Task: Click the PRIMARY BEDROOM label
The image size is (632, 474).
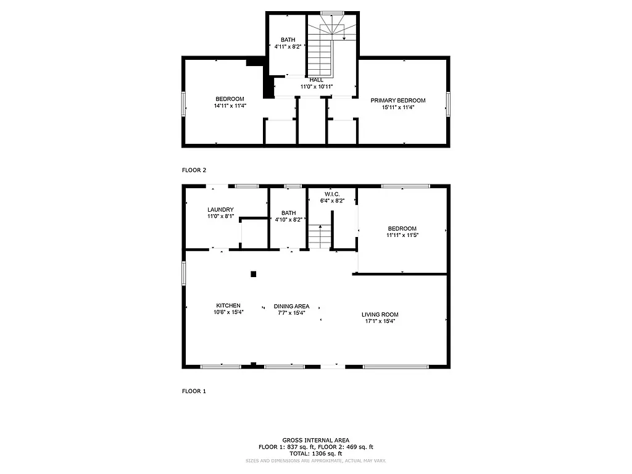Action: tap(397, 100)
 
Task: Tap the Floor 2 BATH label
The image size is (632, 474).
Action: tap(288, 39)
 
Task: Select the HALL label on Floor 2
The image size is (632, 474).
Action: tap(316, 80)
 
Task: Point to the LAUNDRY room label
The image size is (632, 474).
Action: tap(220, 210)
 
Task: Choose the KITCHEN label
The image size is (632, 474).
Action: tap(228, 306)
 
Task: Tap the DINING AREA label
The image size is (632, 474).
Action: tap(292, 306)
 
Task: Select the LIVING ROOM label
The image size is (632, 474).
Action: tap(380, 314)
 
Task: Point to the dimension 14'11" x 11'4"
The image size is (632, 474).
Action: tap(230, 106)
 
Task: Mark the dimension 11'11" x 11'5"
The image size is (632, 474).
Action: tap(402, 235)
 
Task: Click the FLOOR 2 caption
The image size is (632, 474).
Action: tap(194, 170)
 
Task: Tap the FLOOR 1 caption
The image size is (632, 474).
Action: tap(194, 391)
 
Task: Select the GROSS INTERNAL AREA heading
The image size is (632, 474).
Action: tap(315, 440)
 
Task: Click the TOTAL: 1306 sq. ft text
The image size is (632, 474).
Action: tap(315, 453)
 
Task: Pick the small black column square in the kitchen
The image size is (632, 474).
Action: tap(253, 274)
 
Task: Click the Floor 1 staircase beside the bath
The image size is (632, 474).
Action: tap(320, 237)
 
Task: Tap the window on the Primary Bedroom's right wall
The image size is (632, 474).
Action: tap(448, 103)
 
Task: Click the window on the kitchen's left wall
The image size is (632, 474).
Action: tap(183, 273)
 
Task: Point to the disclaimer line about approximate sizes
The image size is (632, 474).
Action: tap(315, 460)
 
